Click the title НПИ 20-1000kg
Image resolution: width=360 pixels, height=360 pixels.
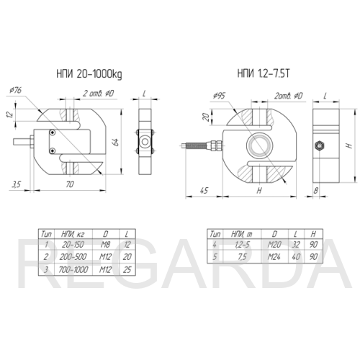(x=89, y=74)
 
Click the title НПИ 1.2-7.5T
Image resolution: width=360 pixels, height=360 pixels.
(x=264, y=73)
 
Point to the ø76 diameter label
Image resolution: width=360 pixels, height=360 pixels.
(x=15, y=90)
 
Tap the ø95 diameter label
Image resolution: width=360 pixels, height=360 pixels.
(x=219, y=96)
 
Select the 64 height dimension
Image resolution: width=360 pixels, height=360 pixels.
(x=115, y=142)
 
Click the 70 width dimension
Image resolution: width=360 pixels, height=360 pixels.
(x=70, y=184)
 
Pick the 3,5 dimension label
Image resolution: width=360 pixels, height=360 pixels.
(x=17, y=184)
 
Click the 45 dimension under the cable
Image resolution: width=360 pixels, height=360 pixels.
(x=204, y=190)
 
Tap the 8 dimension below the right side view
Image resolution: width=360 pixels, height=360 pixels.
(x=316, y=190)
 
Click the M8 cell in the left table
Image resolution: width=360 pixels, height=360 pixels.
(x=105, y=245)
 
